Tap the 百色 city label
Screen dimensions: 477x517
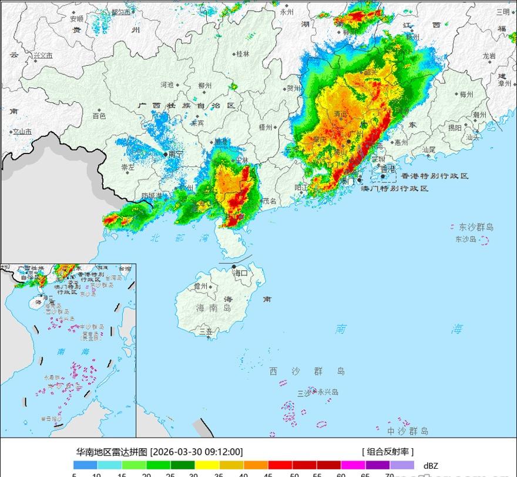click(x=99, y=116)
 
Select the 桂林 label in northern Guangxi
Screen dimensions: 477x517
click(x=243, y=54)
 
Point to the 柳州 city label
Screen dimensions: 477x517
click(x=205, y=86)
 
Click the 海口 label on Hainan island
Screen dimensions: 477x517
click(x=241, y=273)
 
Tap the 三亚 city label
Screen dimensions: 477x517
click(x=206, y=332)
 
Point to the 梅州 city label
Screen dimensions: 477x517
click(x=466, y=94)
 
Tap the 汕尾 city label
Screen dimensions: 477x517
click(x=429, y=150)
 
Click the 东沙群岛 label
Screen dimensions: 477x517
click(x=476, y=227)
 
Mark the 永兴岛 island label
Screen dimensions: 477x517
click(x=328, y=392)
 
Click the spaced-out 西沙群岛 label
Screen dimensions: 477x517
click(x=307, y=371)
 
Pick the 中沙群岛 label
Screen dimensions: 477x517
click(x=408, y=431)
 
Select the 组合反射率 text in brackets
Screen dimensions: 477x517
click(x=387, y=452)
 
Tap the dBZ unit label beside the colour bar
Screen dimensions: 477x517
click(x=431, y=465)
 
